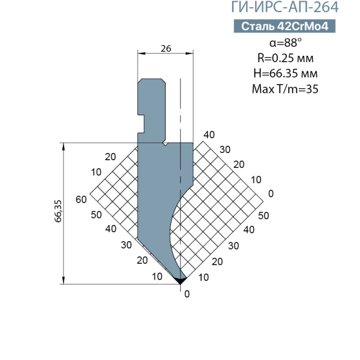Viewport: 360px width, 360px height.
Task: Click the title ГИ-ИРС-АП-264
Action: (284, 7)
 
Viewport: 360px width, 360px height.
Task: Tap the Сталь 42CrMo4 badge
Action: (284, 26)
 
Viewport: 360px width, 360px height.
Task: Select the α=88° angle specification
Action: (286, 43)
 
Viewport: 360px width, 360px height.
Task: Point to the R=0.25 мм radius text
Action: (286, 58)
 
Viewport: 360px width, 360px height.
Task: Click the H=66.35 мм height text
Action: (286, 73)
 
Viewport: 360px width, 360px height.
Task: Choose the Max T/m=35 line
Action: (285, 89)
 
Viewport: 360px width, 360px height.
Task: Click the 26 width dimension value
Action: (166, 49)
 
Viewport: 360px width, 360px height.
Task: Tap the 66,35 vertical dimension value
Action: (58, 211)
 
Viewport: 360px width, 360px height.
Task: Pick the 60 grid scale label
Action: (81, 200)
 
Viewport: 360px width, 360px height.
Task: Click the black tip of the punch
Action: (180, 281)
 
